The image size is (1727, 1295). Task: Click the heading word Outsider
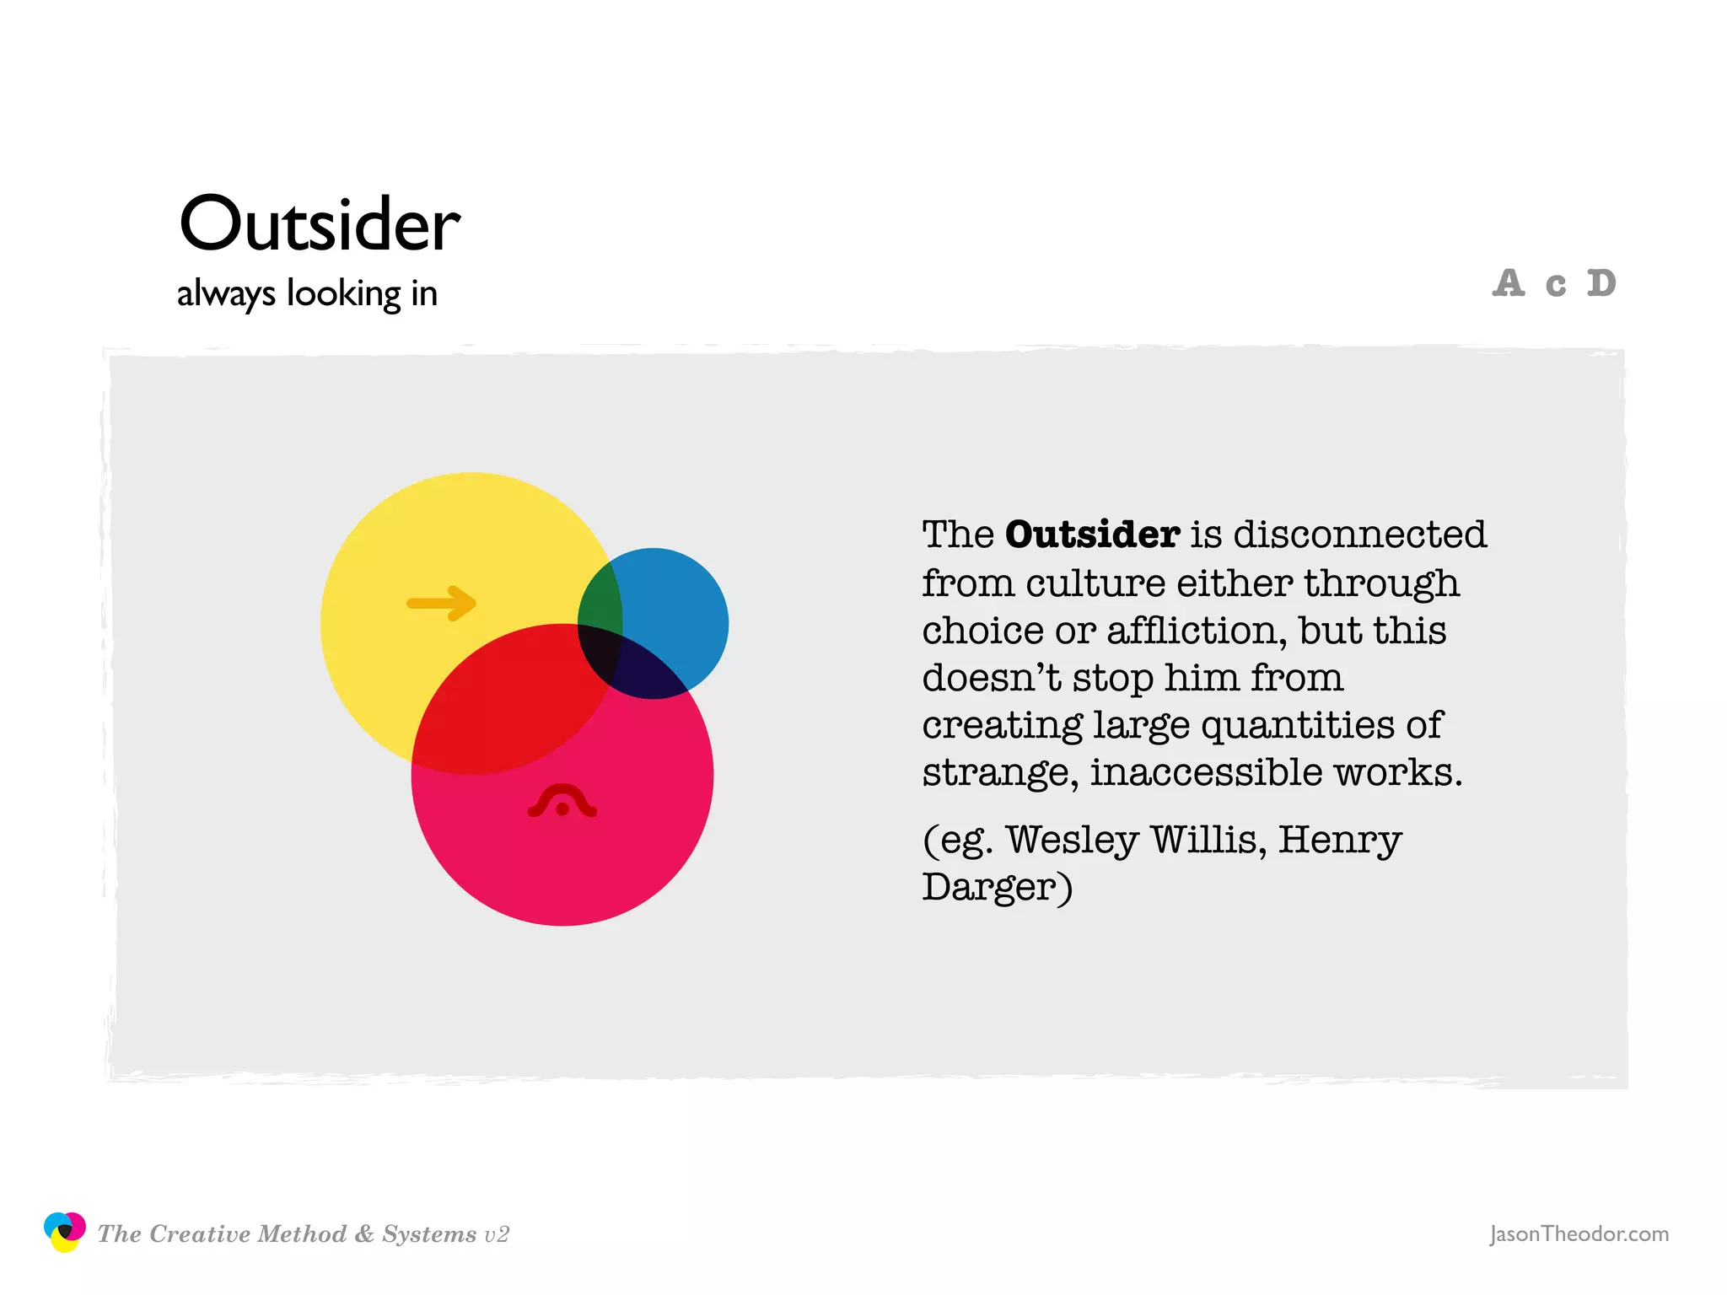pyautogui.click(x=320, y=224)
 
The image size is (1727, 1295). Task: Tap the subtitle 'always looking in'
pyautogui.click(x=307, y=293)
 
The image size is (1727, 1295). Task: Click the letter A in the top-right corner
pyautogui.click(x=1509, y=283)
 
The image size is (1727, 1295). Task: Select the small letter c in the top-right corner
pyautogui.click(x=1556, y=286)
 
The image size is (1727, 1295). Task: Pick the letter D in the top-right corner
pyautogui.click(x=1601, y=283)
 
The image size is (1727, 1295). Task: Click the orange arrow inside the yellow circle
pyautogui.click(x=442, y=603)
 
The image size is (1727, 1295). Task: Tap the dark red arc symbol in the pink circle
pyautogui.click(x=562, y=802)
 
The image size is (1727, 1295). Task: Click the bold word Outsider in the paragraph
pyautogui.click(x=1092, y=535)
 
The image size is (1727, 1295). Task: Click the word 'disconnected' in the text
pyautogui.click(x=1359, y=535)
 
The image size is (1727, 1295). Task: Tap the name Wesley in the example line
pyautogui.click(x=1072, y=840)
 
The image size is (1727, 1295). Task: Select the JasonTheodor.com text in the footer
pyautogui.click(x=1579, y=1234)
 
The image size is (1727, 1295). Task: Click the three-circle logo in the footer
pyautogui.click(x=64, y=1232)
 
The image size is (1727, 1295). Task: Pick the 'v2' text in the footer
pyautogui.click(x=497, y=1234)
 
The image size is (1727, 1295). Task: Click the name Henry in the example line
pyautogui.click(x=1340, y=840)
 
